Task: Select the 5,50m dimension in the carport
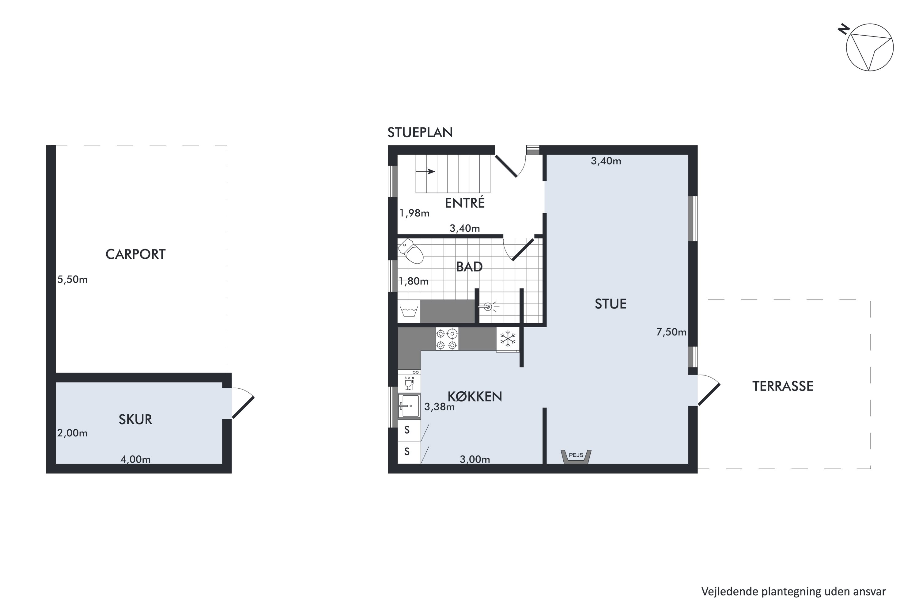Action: [x=72, y=280]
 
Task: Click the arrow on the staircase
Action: [x=425, y=172]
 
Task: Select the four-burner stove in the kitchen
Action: [x=447, y=339]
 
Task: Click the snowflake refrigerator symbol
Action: [x=508, y=339]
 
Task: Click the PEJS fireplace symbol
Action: [x=576, y=456]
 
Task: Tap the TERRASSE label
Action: [x=783, y=386]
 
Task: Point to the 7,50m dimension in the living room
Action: [x=671, y=332]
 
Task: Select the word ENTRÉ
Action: [x=465, y=203]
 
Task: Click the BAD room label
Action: [x=469, y=267]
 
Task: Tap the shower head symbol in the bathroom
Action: [x=489, y=307]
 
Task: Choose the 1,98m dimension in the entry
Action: [x=414, y=213]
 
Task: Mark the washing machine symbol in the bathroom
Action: [x=409, y=312]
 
